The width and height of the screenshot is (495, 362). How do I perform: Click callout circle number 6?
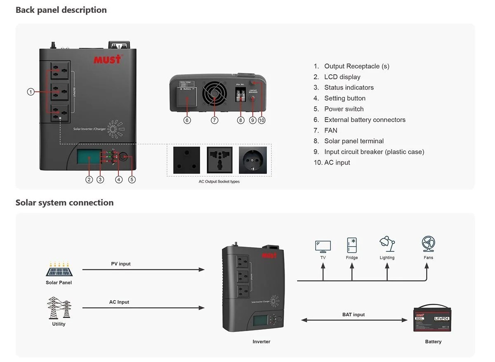pos(187,120)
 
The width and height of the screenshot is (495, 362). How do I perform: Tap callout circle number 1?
pos(31,92)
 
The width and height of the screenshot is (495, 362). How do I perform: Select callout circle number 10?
pos(262,120)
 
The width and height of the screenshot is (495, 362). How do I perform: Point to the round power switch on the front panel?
pos(123,157)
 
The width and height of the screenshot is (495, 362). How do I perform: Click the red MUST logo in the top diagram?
pos(108,59)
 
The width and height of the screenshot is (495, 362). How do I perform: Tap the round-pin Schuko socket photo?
pos(252,160)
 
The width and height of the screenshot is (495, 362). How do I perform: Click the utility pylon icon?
pos(59,308)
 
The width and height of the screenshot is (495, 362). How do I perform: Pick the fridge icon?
pos(352,245)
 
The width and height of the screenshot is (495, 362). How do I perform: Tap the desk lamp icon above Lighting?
pos(387,244)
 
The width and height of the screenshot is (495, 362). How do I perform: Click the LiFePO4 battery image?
pos(432,319)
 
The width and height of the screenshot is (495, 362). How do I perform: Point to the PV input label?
pos(120,264)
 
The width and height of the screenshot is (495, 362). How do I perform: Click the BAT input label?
pos(354,315)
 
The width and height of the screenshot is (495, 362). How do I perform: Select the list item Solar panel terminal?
pos(354,141)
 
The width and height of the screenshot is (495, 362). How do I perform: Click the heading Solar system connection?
pos(64,202)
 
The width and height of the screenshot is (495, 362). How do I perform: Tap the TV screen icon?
pos(323,246)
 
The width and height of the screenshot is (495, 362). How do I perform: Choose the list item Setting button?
pos(344,98)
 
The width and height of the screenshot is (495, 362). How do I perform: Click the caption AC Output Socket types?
pos(219,181)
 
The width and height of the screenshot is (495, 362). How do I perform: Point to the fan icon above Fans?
pos(428,244)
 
